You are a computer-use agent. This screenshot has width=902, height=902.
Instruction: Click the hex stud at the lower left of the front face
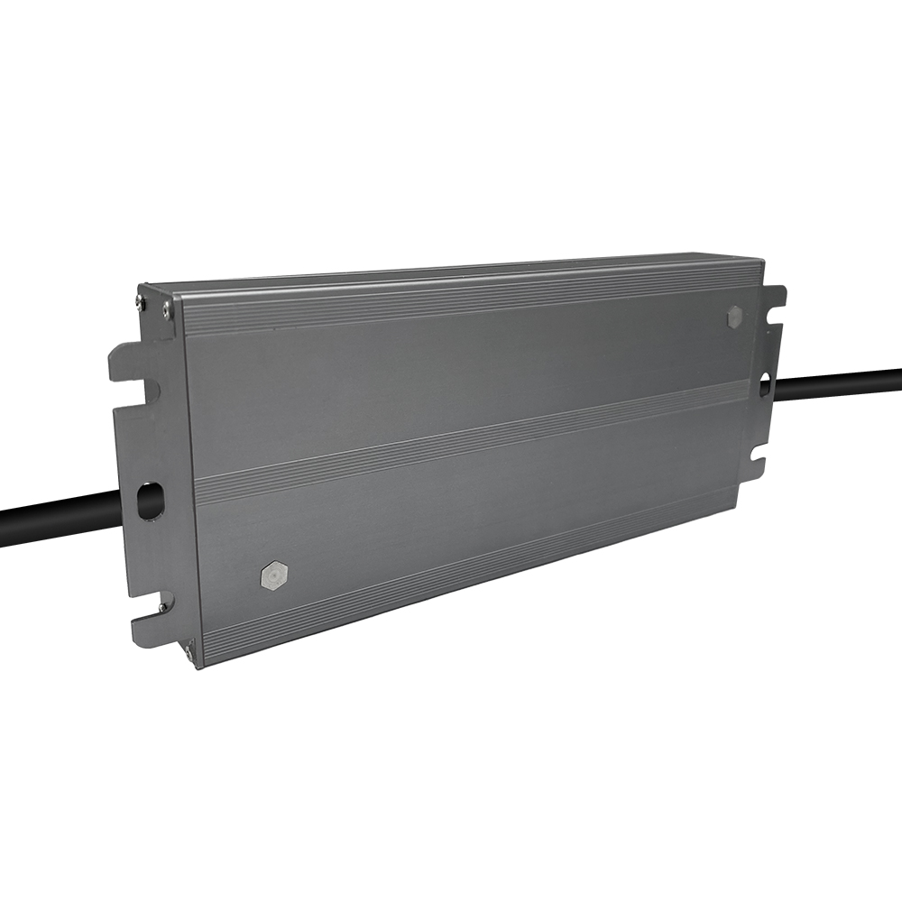(273, 575)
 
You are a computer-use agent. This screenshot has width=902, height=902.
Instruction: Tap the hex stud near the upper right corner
(735, 316)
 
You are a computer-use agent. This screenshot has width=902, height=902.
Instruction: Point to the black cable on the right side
(838, 384)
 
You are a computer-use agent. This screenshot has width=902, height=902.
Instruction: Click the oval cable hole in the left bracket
(150, 501)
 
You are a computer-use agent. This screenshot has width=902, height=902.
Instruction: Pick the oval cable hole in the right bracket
(765, 385)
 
